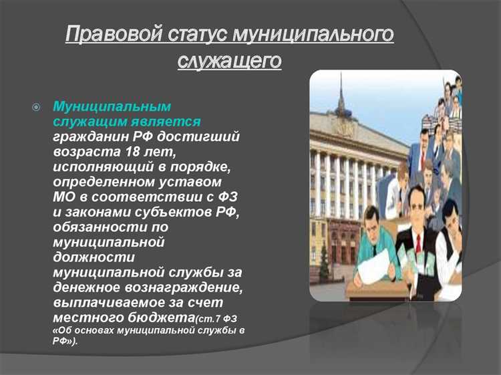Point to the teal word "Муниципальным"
(x=112, y=106)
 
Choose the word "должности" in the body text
(x=94, y=257)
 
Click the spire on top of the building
(x=341, y=97)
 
